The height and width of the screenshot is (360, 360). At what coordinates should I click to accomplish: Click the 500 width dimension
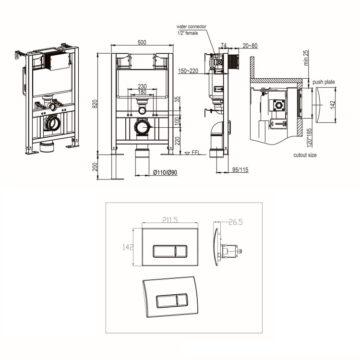click(x=142, y=42)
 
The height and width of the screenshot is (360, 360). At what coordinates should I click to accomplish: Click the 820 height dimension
click(x=95, y=103)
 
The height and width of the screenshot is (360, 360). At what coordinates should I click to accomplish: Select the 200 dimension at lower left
click(x=95, y=167)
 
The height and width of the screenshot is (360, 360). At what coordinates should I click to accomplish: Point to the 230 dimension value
click(x=142, y=86)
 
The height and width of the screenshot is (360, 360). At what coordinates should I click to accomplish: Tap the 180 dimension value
click(x=142, y=92)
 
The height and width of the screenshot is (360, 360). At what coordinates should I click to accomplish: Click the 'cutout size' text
click(x=305, y=155)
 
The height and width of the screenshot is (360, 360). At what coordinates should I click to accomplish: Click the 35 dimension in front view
click(x=176, y=100)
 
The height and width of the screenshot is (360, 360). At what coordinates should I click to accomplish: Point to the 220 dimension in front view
click(x=176, y=140)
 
